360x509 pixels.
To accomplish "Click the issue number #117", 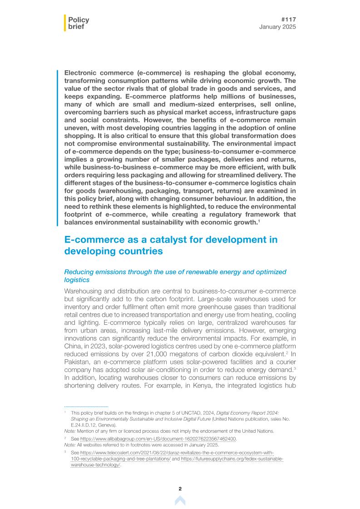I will click(289, 20).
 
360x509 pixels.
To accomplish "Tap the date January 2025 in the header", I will click(277, 27).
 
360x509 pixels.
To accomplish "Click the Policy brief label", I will click(78, 23).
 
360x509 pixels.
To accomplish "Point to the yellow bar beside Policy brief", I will click(65, 23).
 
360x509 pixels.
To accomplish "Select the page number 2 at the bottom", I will click(180, 489).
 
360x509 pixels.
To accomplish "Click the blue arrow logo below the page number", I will click(180, 500).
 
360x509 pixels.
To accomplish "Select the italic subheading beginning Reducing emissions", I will click(175, 275).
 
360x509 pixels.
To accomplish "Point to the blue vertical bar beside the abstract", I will click(58, 148).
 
